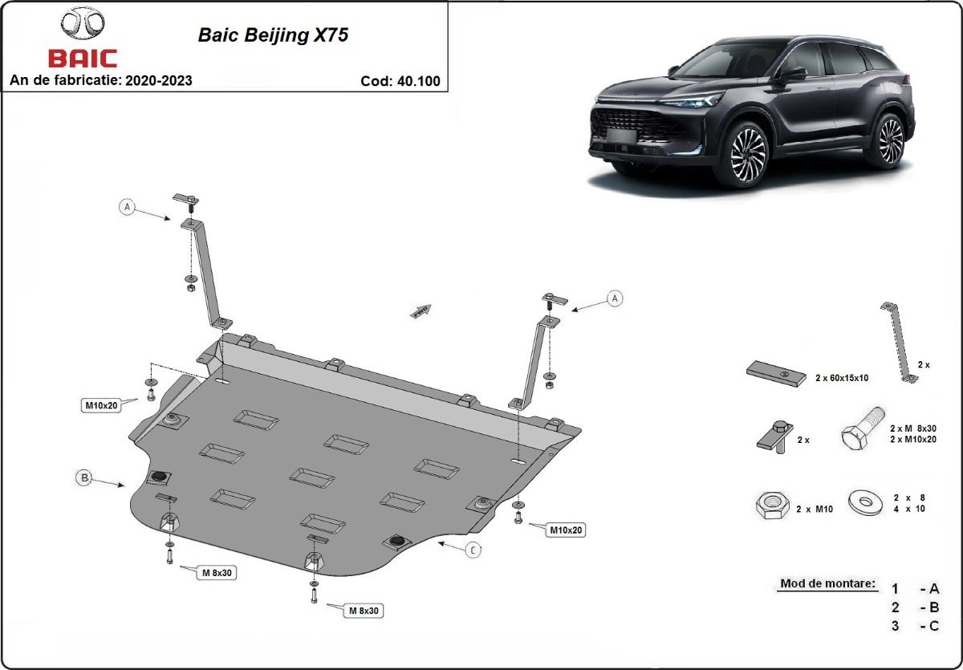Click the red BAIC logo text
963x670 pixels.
tap(82, 59)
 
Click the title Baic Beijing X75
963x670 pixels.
tap(273, 36)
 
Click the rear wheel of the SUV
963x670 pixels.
tap(890, 140)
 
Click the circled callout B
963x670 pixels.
tap(83, 478)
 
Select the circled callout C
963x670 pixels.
tap(473, 550)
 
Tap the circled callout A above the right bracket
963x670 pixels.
tap(615, 298)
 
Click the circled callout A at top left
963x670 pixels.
tap(127, 206)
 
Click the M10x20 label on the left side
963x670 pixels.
tap(102, 405)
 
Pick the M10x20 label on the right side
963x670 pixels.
tap(565, 530)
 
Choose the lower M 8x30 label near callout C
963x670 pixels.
tap(363, 611)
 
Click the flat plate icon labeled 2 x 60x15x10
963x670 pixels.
tap(776, 373)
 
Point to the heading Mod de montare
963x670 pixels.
tap(827, 583)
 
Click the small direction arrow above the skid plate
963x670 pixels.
tap(421, 311)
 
